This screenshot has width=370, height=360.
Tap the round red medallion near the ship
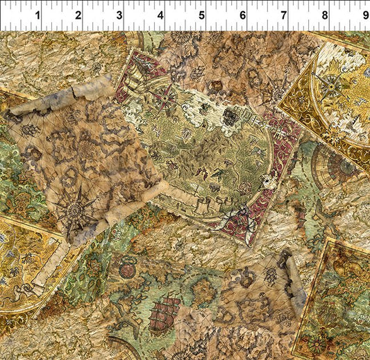tap(127, 270)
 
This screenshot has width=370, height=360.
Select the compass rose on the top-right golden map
tap(331, 85)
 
